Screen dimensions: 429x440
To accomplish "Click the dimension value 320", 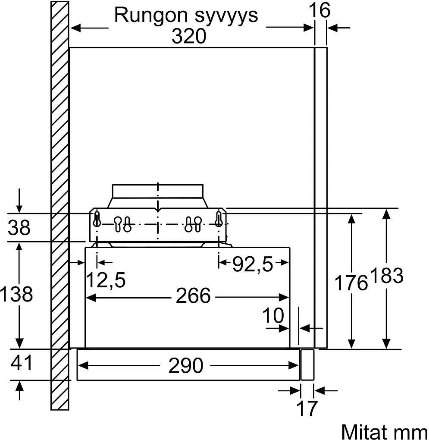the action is [189, 36].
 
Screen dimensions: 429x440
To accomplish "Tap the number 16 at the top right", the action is [319, 10].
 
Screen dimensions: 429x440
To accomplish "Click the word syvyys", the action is [226, 17].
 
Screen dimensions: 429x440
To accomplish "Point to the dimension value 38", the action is [19, 227].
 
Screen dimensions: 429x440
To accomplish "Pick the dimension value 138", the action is [16, 294].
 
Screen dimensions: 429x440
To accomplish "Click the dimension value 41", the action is [22, 363].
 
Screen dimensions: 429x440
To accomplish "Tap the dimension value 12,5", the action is [106, 280].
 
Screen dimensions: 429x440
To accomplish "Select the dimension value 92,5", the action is [253, 264].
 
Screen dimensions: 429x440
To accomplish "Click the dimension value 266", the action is [193, 295].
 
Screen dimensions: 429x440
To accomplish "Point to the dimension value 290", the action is [186, 365].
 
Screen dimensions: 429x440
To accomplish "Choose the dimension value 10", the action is [273, 315].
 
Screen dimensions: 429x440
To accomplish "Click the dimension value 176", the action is [351, 283].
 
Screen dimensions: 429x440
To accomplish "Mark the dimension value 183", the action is [387, 276].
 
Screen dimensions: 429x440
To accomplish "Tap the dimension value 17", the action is [307, 409].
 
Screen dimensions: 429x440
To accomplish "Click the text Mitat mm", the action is [385, 431].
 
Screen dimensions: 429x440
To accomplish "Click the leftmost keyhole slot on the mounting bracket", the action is [97, 219].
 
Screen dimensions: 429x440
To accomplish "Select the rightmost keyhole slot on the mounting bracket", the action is [219, 219].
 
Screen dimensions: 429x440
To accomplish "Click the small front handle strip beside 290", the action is [307, 365].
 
